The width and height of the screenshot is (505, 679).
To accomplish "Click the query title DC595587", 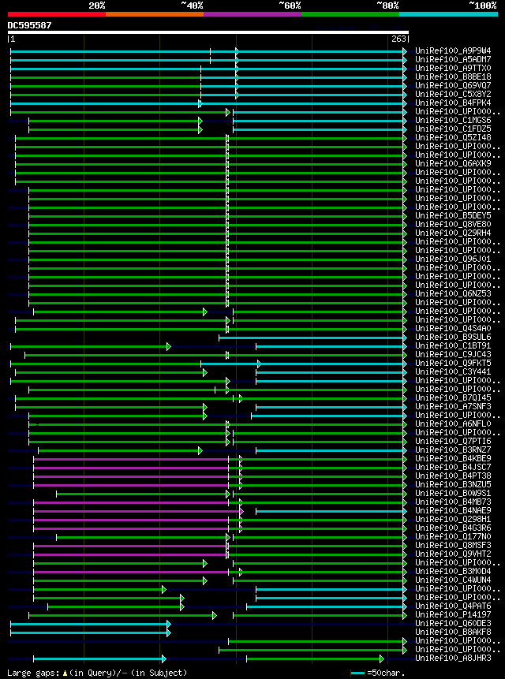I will [30, 25].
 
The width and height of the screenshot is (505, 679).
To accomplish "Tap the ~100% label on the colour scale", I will [482, 5].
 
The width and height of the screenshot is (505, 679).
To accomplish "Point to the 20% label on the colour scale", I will [97, 5].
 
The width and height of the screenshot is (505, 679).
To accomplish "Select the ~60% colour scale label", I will [290, 5].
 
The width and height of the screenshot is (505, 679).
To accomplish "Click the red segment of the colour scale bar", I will [56, 14].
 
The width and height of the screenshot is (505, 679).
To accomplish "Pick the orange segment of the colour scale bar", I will [154, 14].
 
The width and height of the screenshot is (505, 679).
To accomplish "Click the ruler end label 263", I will [398, 39].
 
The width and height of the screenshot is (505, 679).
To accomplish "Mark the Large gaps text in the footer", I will [32, 673].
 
